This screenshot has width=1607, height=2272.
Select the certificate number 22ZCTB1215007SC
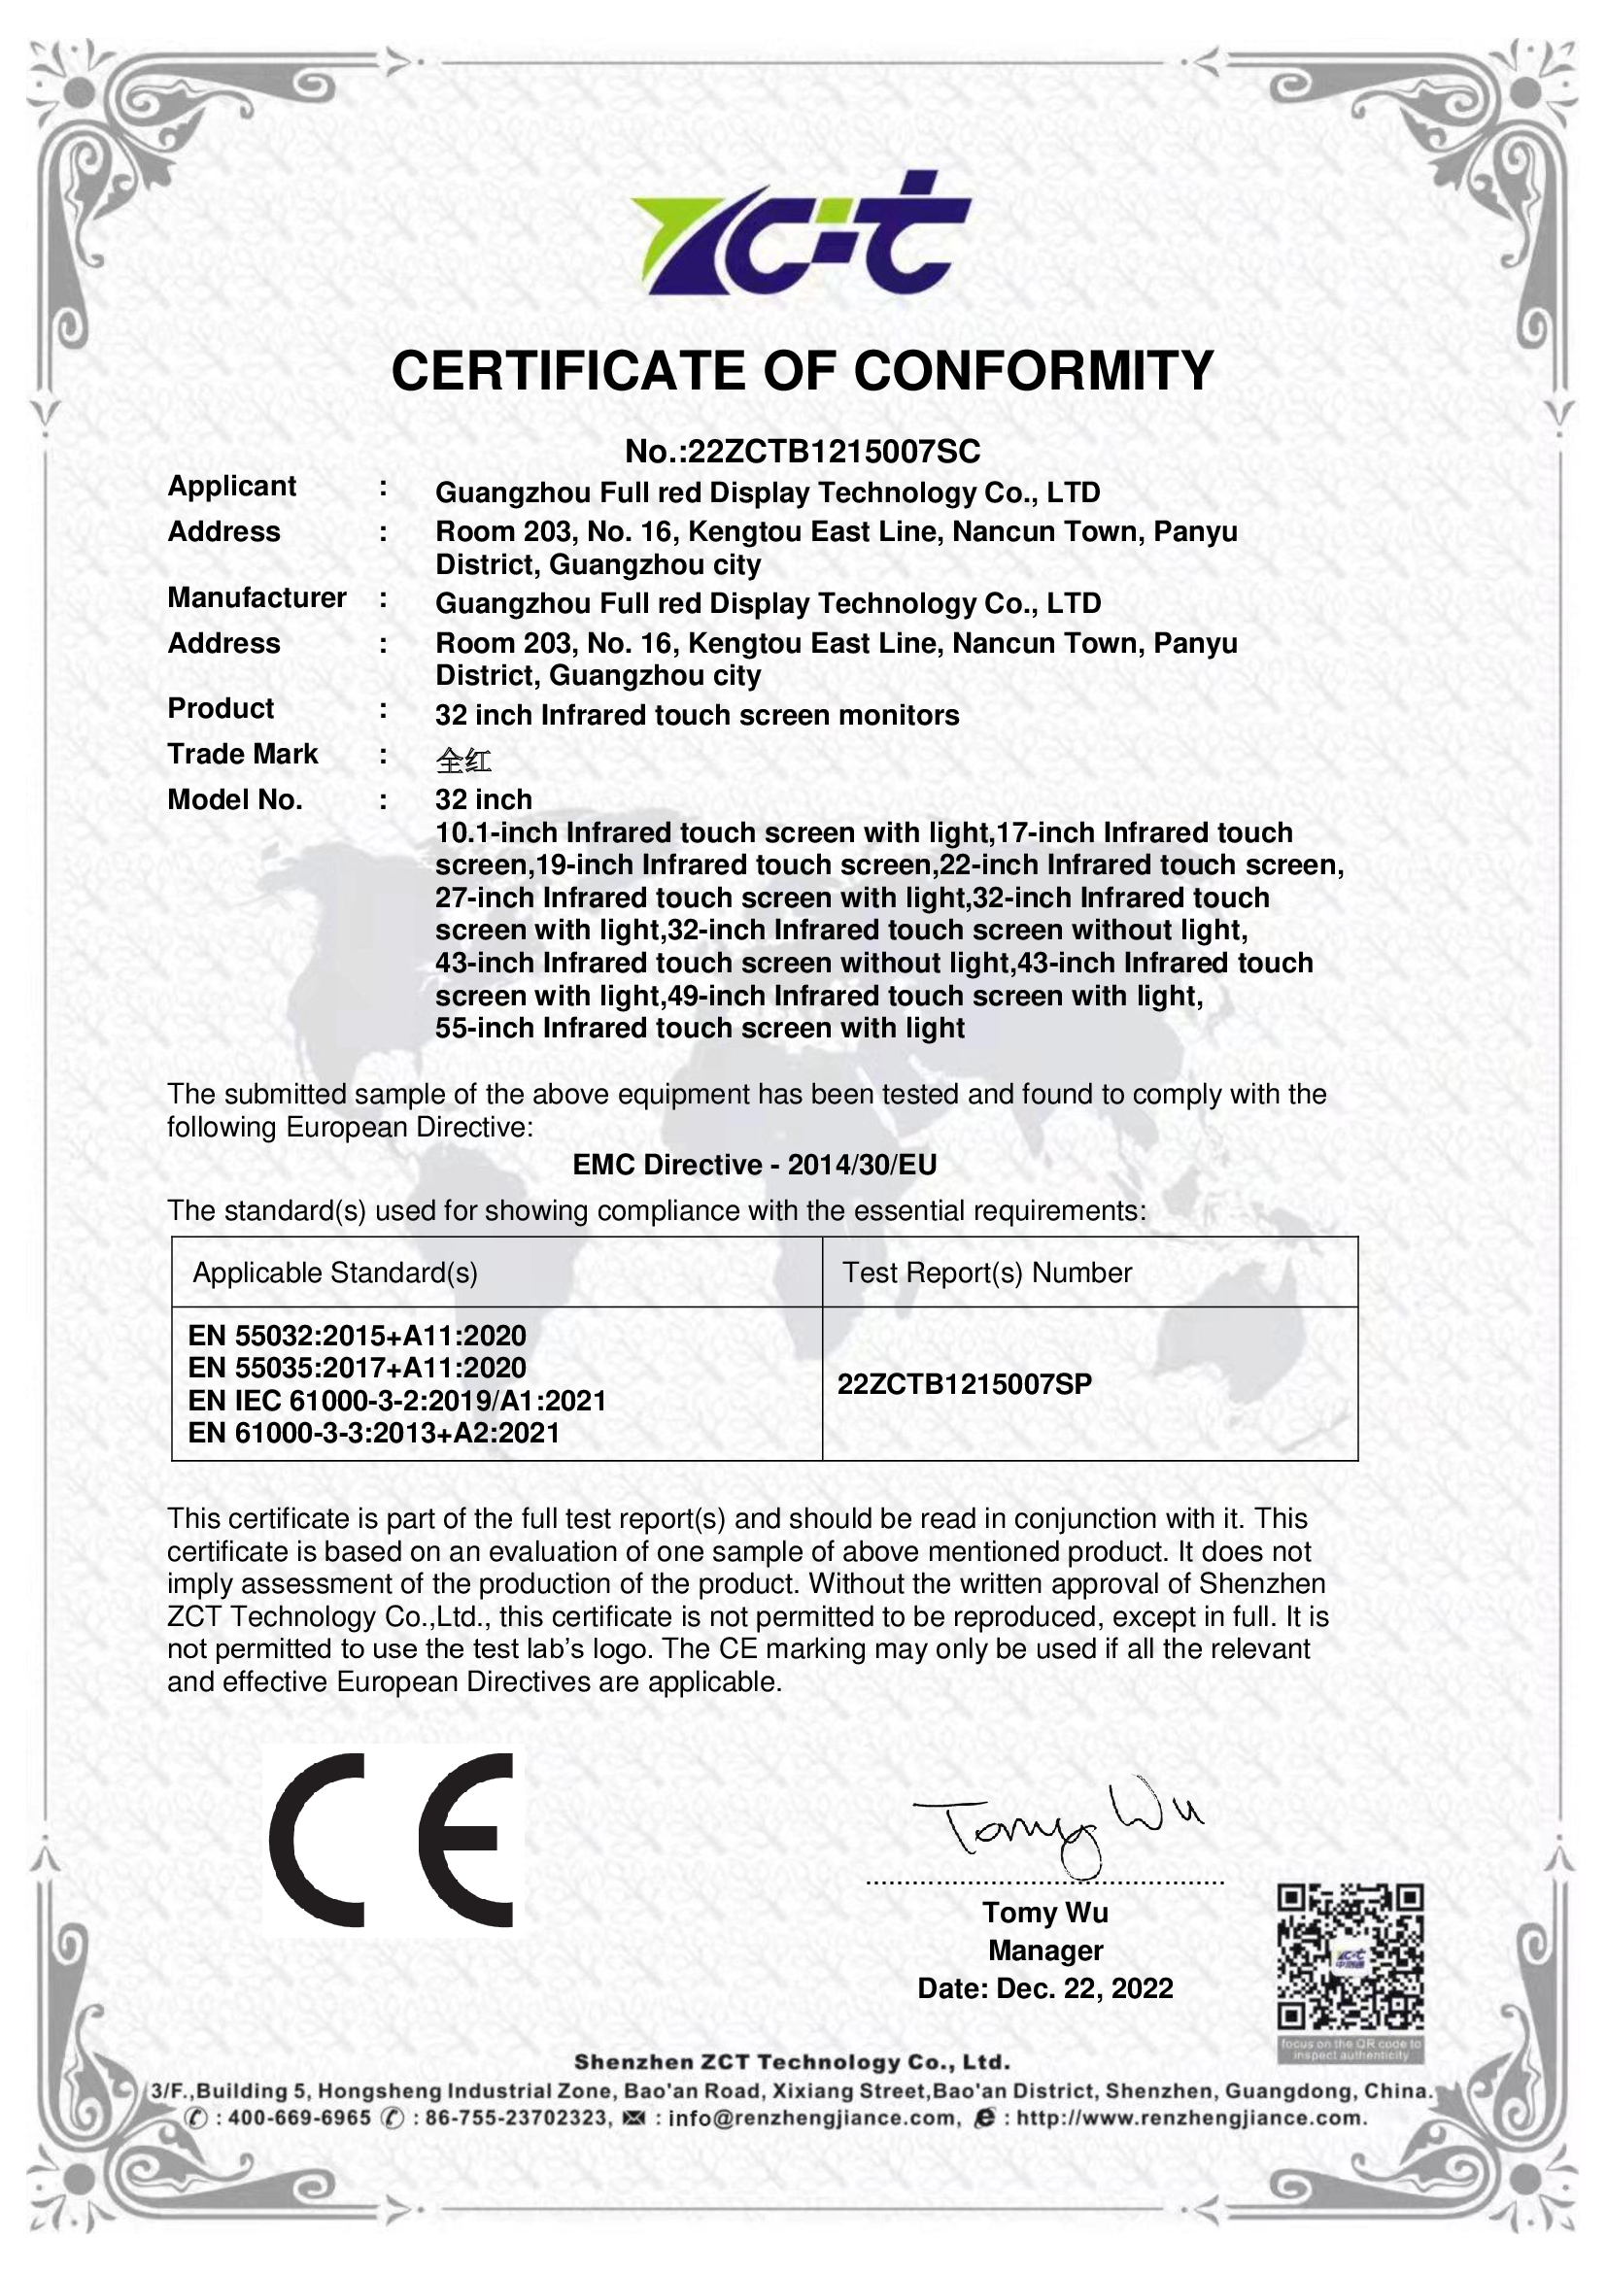point(834,452)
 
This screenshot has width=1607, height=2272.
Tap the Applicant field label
point(231,486)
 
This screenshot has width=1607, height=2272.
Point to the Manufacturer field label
point(256,597)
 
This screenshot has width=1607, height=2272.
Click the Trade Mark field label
point(243,754)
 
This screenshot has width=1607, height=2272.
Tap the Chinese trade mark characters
point(463,760)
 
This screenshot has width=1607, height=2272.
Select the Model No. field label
point(234,799)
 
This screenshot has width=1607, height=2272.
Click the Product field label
point(221,708)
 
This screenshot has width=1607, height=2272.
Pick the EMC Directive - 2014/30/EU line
point(754,1165)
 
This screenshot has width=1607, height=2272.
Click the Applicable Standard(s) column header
point(334,1272)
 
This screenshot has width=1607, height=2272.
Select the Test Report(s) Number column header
point(986,1272)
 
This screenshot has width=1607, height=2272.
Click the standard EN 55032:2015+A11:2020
point(358,1336)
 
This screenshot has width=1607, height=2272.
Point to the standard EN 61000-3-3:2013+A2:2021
point(374,1433)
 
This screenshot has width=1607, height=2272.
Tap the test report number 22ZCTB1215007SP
point(965,1383)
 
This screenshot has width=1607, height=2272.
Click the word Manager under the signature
point(1045,1950)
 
